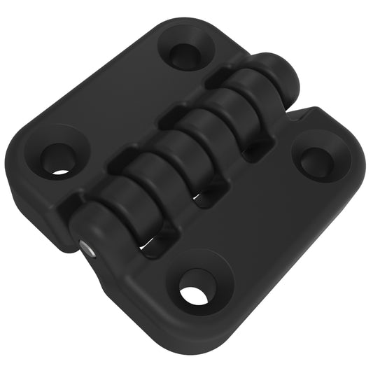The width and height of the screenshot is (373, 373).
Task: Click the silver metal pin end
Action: point(84,247)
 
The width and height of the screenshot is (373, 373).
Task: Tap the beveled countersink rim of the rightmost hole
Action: point(335,150)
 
